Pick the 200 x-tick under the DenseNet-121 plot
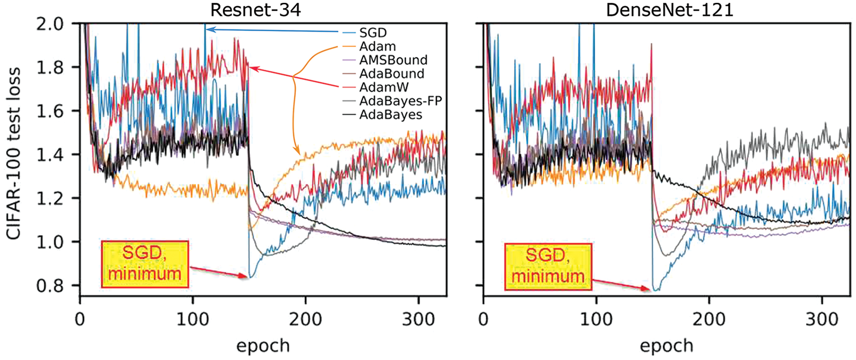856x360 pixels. (709, 315)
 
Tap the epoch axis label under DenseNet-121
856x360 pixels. (667, 344)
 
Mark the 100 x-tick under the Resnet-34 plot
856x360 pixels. (193, 315)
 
